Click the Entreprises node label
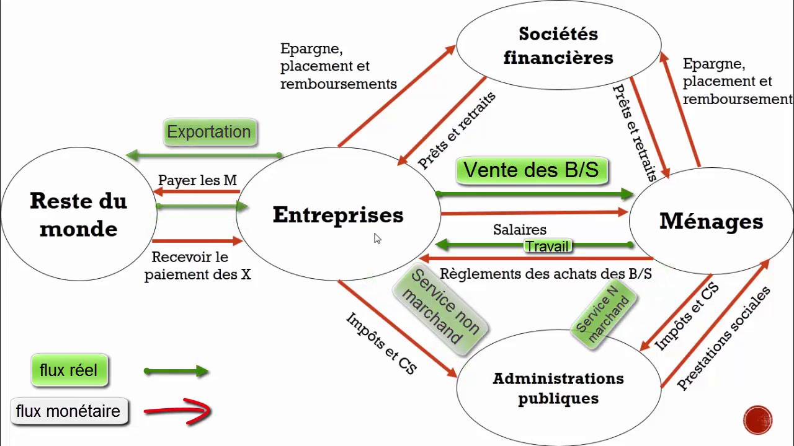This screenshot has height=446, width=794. pyautogui.click(x=338, y=215)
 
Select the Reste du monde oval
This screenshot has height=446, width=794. pyautogui.click(x=78, y=214)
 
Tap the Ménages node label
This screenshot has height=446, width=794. pyautogui.click(x=711, y=221)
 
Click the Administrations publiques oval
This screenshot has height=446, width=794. pyautogui.click(x=558, y=388)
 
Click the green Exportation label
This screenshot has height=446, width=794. pyautogui.click(x=209, y=132)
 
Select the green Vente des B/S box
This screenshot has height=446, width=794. pyautogui.click(x=531, y=170)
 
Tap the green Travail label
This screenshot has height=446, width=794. pyautogui.click(x=546, y=247)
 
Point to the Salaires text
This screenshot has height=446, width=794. pyautogui.click(x=520, y=230)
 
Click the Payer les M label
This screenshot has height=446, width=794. pyautogui.click(x=197, y=180)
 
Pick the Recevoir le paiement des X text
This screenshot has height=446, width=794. pyautogui.click(x=197, y=266)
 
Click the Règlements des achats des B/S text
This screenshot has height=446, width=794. pyautogui.click(x=546, y=274)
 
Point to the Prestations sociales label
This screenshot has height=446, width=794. pyautogui.click(x=723, y=338)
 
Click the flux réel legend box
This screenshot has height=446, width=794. pyautogui.click(x=68, y=370)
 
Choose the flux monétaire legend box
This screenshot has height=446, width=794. pyautogui.click(x=68, y=411)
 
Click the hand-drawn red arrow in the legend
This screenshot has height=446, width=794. pyautogui.click(x=179, y=411)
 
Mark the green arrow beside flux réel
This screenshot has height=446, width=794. pyautogui.click(x=177, y=372)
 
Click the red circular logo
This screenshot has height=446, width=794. pyautogui.click(x=757, y=420)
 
